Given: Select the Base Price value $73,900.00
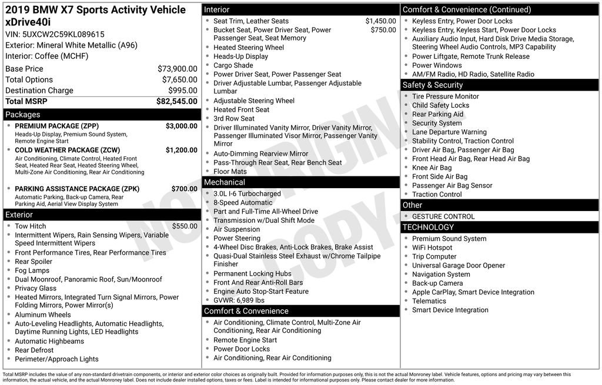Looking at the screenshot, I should click(x=177, y=69).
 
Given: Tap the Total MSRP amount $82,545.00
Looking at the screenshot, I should click(x=176, y=101).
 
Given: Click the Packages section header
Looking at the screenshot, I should click(x=23, y=115).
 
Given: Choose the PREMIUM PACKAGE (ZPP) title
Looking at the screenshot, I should click(x=56, y=126).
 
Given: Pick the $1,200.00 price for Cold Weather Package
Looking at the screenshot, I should click(x=181, y=150).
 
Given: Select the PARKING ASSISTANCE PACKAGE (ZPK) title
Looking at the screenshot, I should click(x=76, y=189).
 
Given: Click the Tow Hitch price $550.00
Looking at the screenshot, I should click(x=185, y=226).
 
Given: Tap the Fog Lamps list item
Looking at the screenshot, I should click(x=32, y=270).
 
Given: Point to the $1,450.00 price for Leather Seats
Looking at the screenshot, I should click(x=380, y=21).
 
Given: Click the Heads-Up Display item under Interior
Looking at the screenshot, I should click(x=240, y=56).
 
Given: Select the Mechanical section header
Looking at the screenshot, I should click(x=225, y=182).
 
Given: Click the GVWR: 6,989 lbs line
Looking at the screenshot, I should click(x=239, y=300).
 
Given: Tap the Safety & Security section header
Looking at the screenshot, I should click(x=433, y=85).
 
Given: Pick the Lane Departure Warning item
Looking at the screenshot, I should click(x=449, y=132).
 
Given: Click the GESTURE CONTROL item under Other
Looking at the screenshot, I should click(x=443, y=216).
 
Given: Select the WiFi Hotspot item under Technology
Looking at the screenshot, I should click(x=432, y=247).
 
